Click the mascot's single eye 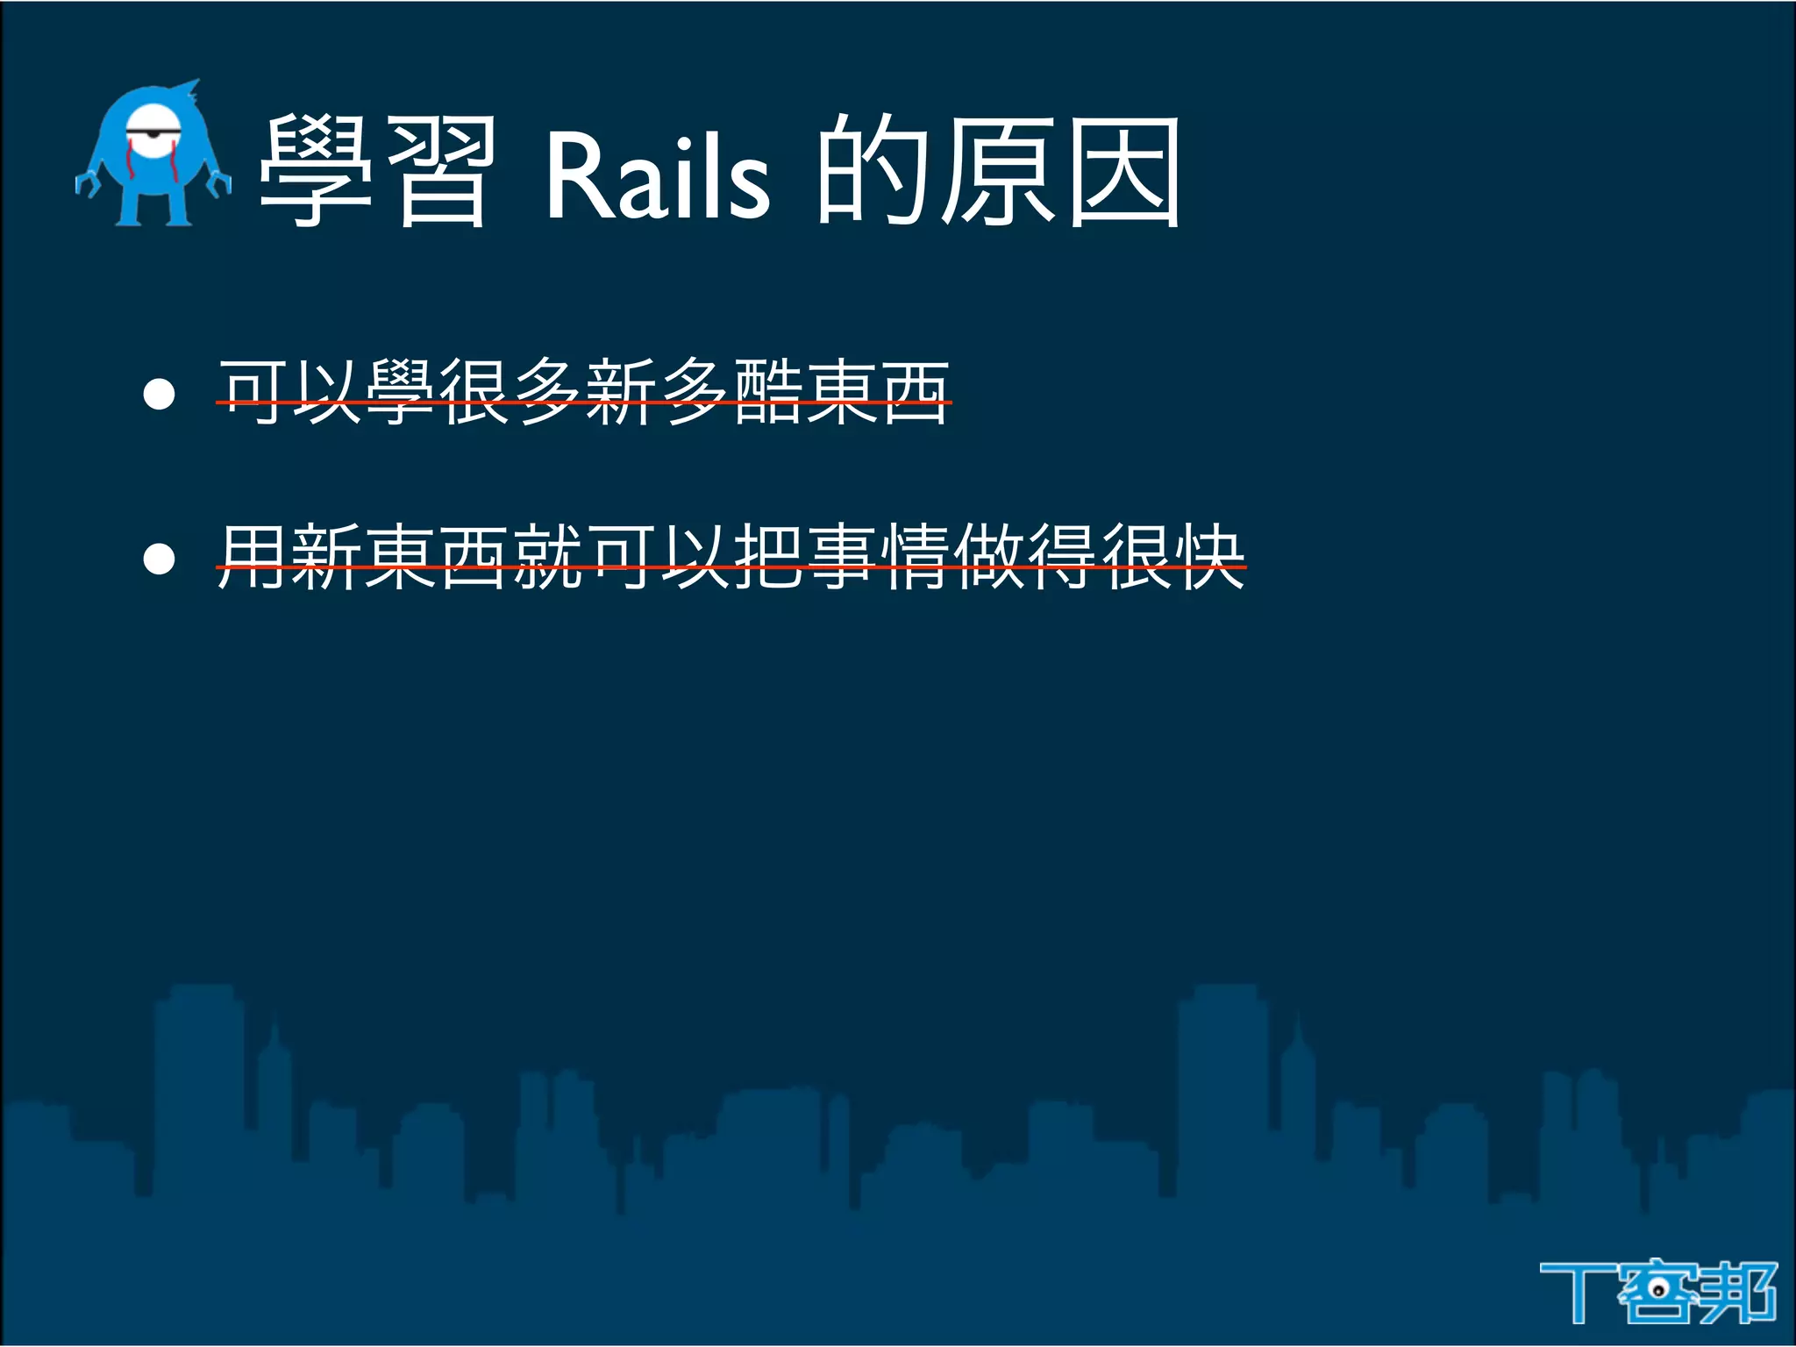point(153,132)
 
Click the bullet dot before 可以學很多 point(159,394)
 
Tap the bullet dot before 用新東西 point(159,558)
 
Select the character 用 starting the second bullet point(253,556)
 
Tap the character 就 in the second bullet point(548,556)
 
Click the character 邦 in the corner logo point(1741,1292)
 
